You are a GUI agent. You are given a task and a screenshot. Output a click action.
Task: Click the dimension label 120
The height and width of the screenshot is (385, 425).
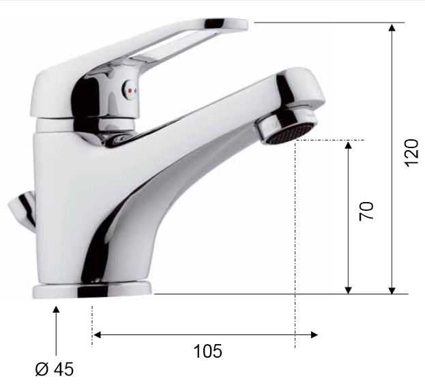click(411, 153)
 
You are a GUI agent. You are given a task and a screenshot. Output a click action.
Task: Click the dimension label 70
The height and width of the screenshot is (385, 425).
click(366, 211)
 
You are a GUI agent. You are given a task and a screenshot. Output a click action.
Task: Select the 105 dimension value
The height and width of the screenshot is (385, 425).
click(207, 352)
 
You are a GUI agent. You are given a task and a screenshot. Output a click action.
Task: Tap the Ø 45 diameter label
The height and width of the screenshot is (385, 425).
click(54, 369)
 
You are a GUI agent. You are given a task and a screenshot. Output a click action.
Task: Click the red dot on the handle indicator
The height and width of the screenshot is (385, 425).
click(130, 91)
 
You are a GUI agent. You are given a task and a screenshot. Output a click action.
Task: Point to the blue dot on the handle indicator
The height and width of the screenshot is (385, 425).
click(136, 91)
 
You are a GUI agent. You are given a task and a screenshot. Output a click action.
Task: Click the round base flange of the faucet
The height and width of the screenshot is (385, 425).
click(92, 291)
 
